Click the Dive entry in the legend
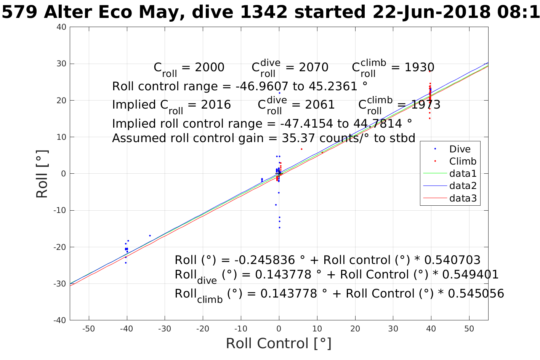pyautogui.click(x=460, y=149)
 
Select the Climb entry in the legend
pyautogui.click(x=463, y=162)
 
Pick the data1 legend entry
pyautogui.click(x=463, y=174)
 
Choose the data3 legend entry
pyautogui.click(x=463, y=198)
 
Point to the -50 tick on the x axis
pyautogui.click(x=89, y=329)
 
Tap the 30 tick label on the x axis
pyautogui.click(x=393, y=329)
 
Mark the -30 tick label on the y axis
pyautogui.click(x=60, y=284)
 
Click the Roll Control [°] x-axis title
pyautogui.click(x=279, y=344)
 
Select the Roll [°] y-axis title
pyautogui.click(x=42, y=174)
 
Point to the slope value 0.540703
pyautogui.click(x=452, y=260)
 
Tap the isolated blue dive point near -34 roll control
pyautogui.click(x=150, y=235)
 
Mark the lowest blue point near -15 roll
pyautogui.click(x=279, y=227)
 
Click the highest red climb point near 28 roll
pyautogui.click(x=429, y=71)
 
